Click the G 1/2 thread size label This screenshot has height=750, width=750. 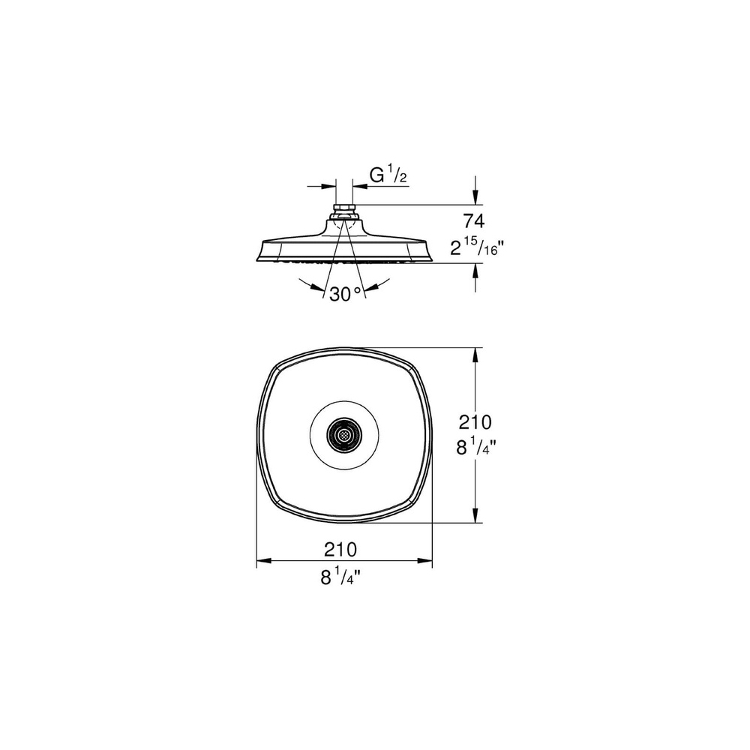(x=388, y=176)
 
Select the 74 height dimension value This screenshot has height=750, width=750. (x=474, y=221)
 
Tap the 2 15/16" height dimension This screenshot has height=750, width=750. (x=477, y=247)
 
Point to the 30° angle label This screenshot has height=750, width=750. (x=344, y=295)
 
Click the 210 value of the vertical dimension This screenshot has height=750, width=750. (x=475, y=422)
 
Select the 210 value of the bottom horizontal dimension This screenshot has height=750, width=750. (x=340, y=550)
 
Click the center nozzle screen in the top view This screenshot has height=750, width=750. (x=344, y=435)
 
